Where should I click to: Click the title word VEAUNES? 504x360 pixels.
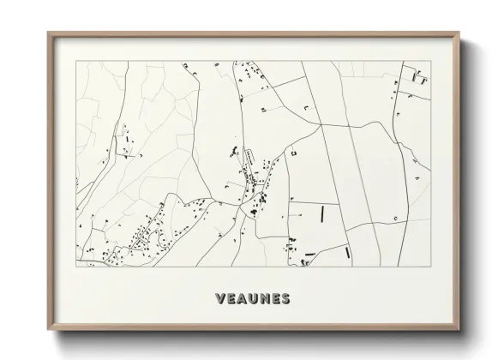[x=252, y=298]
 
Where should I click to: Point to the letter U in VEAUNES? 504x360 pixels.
[x=252, y=298]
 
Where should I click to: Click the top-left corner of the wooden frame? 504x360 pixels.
[x=48, y=33]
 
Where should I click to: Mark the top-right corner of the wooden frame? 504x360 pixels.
[x=458, y=33]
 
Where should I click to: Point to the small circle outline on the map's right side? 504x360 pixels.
[x=395, y=219]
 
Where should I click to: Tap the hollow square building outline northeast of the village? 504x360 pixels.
[x=293, y=153]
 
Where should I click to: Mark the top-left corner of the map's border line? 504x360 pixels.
[x=76, y=61]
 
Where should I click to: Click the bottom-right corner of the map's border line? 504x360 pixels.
[x=429, y=267]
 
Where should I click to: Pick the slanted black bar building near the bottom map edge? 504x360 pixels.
[x=345, y=254]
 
